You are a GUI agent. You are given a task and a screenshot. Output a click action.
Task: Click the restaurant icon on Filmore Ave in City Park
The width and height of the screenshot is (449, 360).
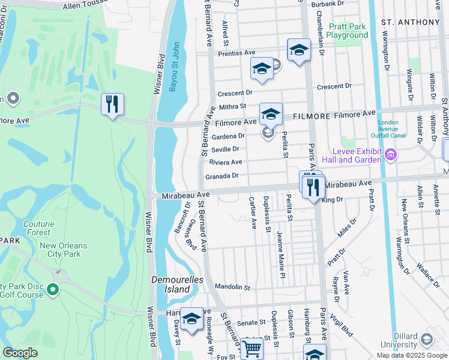pos(112,104)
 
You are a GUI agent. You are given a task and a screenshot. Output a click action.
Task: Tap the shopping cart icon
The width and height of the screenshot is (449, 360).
pos(252,348)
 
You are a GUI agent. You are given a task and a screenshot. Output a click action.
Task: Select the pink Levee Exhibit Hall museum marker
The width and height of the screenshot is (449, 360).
pos(391,157)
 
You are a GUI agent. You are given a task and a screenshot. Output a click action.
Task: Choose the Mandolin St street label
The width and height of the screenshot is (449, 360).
pos(232,287)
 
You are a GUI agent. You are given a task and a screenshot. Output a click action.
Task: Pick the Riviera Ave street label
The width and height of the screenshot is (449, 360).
pos(226,162)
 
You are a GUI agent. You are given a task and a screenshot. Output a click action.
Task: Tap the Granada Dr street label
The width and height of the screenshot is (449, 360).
pos(222,176)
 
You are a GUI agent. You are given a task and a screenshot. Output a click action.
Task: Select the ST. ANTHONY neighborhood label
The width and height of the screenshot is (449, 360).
pos(411,22)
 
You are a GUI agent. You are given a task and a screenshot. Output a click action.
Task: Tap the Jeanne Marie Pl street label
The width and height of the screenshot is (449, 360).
pos(280,254)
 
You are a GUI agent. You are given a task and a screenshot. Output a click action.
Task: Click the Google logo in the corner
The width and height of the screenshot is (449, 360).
pos(20,353)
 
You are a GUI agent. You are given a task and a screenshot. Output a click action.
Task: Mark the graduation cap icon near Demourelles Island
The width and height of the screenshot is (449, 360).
pos(191,319)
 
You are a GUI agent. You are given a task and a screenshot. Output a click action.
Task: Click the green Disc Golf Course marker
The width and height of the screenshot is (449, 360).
pos(53,290)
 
